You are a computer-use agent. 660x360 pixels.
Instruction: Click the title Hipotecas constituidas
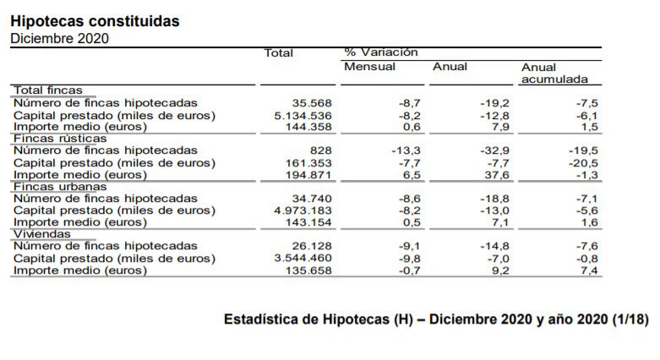pyautogui.click(x=94, y=21)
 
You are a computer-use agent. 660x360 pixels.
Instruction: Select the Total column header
pyautogui.click(x=278, y=53)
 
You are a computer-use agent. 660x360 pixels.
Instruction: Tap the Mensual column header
pyautogui.click(x=369, y=67)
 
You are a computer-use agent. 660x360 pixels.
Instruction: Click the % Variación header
pyautogui.click(x=381, y=52)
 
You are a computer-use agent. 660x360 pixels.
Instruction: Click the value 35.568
pyautogui.click(x=313, y=102)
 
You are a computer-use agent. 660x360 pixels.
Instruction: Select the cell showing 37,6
pyautogui.click(x=494, y=175)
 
